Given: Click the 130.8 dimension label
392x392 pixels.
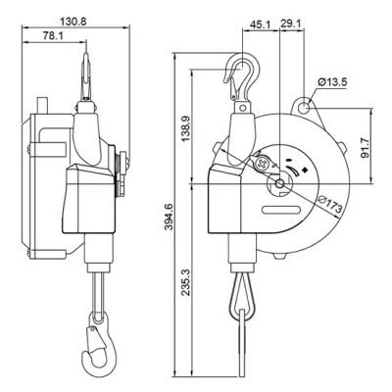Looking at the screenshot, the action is (x=73, y=22).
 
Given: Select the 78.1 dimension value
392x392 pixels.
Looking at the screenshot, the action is (x=53, y=36).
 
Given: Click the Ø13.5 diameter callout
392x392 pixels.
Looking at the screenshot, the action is (x=332, y=81).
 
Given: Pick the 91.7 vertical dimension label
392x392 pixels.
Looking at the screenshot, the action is (x=365, y=148).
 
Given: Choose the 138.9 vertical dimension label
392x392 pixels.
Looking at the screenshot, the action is (x=185, y=127).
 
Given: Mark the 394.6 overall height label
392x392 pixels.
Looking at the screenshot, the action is (x=169, y=217).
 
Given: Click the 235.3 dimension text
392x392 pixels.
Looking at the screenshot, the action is (x=185, y=282).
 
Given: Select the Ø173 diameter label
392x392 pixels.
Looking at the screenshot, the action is (x=330, y=204).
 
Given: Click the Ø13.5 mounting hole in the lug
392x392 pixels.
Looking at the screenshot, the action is (x=305, y=107).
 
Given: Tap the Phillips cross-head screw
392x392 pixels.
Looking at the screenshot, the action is (x=262, y=164).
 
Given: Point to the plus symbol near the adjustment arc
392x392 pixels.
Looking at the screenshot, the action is (x=306, y=170).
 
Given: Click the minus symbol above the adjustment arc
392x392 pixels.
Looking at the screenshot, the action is (x=289, y=160).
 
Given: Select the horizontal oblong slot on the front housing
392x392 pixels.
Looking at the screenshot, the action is (x=280, y=211).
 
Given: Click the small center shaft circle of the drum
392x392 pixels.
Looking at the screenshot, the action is (x=279, y=183).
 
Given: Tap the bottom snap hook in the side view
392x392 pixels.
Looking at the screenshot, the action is (x=97, y=344).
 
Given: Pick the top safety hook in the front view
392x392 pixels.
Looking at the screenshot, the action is (x=242, y=77).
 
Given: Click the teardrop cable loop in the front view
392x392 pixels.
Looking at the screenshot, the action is (x=242, y=296).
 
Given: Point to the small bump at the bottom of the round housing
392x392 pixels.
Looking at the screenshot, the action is (x=280, y=256).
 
